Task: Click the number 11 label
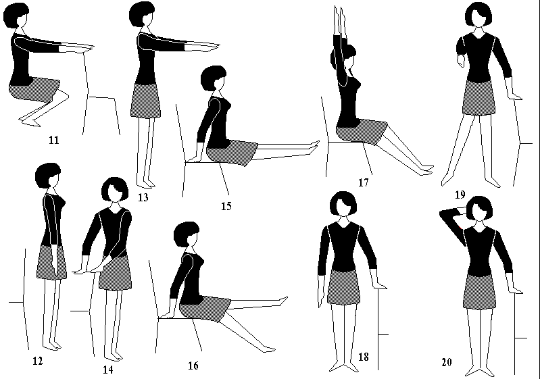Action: coord(54,140)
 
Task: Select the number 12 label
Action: coord(38,361)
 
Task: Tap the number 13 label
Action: coord(143,197)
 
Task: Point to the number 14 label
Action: coord(107,370)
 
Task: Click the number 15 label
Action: coord(226,206)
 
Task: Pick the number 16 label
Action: coord(193,365)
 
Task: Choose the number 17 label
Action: coord(364,182)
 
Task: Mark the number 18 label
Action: coord(364,357)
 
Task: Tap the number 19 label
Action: coord(460,195)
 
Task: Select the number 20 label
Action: coord(446,362)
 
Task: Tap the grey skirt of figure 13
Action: coord(146,100)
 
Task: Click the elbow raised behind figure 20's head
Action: coord(443,214)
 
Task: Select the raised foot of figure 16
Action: coord(283,301)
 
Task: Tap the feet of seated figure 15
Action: coord(314,146)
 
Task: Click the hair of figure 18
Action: coord(343,203)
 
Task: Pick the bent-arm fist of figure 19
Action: coord(461,62)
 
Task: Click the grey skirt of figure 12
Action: coord(51,262)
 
